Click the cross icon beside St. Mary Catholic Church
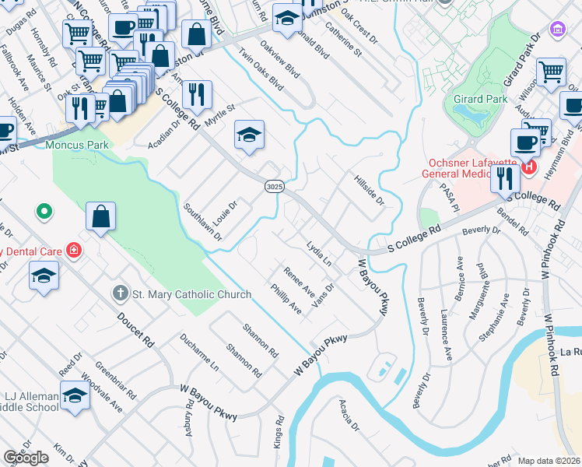pos(119,294)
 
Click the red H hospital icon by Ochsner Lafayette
pos(530,167)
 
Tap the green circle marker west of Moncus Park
pos(44,211)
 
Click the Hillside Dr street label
pos(370,190)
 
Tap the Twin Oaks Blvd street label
pos(259,61)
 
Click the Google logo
pos(26,458)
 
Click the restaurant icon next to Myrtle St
pos(197,95)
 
